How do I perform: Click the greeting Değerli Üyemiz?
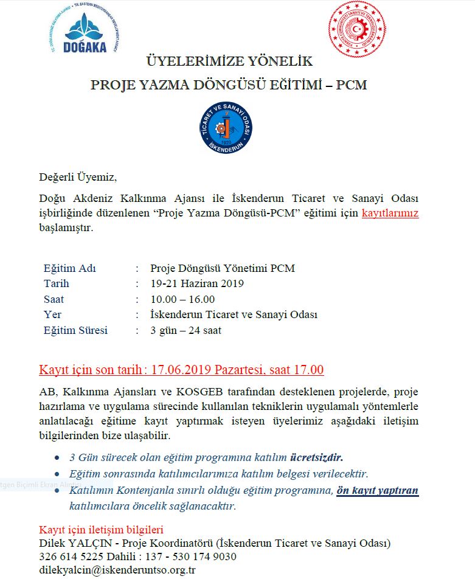coord(77,178)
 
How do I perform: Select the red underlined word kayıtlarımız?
coord(390,213)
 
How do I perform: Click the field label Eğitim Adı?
coord(70,268)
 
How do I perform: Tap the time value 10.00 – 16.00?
coord(182,299)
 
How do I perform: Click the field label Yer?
coord(52,314)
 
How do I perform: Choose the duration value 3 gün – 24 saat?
coord(186,330)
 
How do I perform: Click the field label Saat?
coord(54,299)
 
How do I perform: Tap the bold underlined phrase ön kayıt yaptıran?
coord(378,490)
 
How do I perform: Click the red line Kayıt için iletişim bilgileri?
coord(101,529)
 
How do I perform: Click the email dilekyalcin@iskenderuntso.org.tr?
coord(117,570)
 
